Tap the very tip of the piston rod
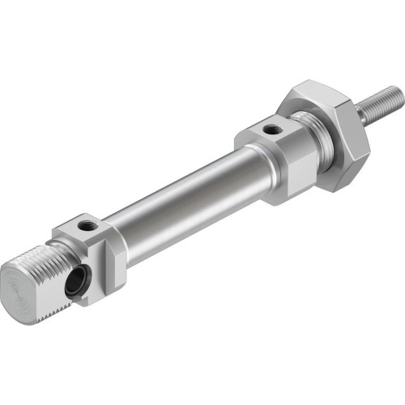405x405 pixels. [x=399, y=96]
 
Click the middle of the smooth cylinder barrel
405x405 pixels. [x=178, y=198]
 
